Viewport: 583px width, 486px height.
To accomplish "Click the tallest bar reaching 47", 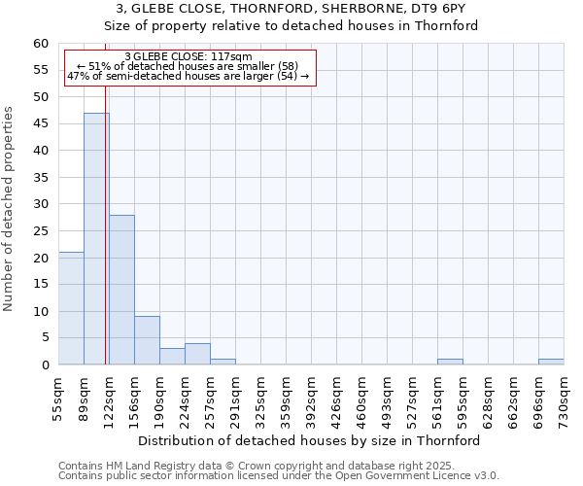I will coord(96,238).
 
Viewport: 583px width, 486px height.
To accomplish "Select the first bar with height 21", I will coord(71,308).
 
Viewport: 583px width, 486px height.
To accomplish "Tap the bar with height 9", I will coord(147,340).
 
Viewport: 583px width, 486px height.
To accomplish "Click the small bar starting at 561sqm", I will coord(450,362).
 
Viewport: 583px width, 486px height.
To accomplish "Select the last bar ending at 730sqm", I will coord(551,362).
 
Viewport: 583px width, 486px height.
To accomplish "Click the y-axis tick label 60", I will coord(40,44).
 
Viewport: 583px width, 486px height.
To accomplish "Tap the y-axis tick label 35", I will coord(40,178).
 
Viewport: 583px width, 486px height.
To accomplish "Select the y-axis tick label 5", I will coord(44,338).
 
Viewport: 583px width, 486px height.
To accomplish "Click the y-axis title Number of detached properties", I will coord(9,209).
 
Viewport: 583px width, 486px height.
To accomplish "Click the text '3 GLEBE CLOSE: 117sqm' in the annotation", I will coord(189,56).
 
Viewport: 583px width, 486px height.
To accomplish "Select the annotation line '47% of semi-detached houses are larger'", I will coord(189,76).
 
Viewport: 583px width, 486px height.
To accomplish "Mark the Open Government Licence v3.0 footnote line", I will coord(279,476).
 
